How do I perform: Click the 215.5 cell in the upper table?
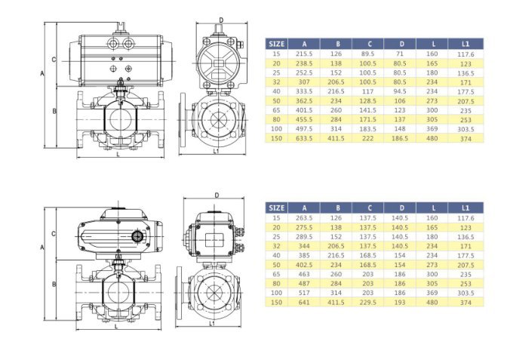pos(304,54)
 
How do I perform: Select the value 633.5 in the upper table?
pos(304,138)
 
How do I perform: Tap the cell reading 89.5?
pos(368,54)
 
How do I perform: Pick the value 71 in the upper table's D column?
pos(400,54)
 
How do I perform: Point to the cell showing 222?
pos(368,138)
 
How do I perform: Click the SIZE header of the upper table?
pos(276,44)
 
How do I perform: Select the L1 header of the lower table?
pos(465,208)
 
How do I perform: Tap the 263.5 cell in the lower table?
pos(304,218)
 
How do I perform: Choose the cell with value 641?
pos(304,303)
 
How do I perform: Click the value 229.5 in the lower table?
pos(368,303)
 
